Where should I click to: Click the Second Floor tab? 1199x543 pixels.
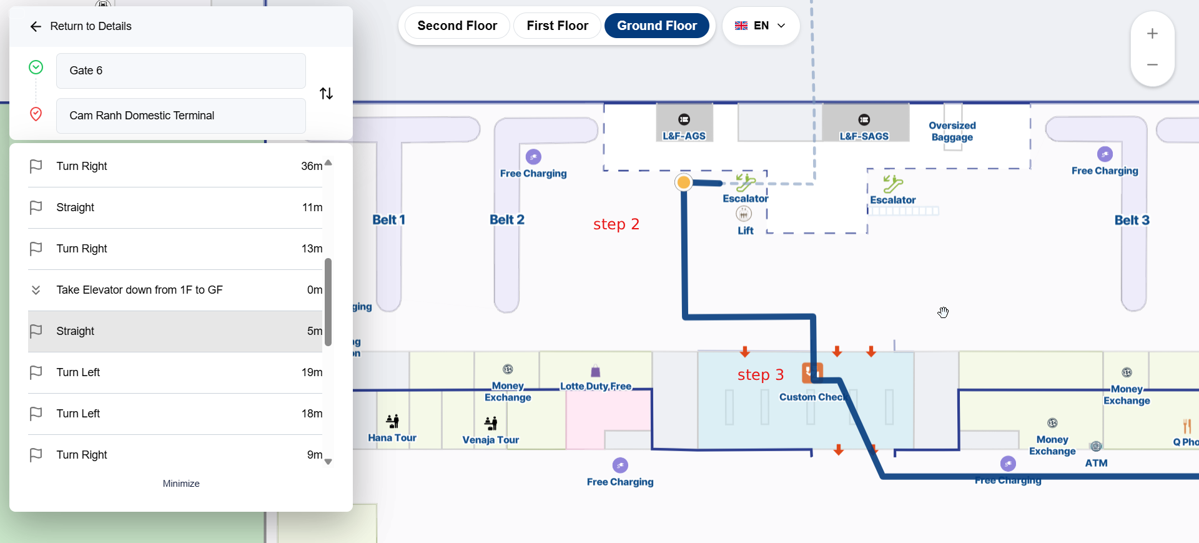457,26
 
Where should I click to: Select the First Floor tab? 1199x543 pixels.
557,26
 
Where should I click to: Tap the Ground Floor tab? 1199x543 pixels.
657,26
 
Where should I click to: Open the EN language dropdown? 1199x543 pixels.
761,26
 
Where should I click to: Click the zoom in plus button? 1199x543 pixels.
1152,34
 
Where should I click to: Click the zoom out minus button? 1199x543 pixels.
1152,65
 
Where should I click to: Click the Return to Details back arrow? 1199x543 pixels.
36,26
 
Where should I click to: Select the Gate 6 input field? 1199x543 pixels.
181,71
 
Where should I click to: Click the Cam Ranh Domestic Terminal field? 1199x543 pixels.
181,116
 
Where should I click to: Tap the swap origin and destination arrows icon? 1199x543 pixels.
326,94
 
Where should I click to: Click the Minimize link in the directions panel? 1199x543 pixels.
181,484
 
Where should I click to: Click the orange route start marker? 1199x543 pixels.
684,182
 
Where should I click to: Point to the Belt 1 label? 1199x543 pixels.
388,220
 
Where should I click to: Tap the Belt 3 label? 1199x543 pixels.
1132,221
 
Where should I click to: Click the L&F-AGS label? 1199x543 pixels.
684,136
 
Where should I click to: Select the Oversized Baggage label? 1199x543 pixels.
952,131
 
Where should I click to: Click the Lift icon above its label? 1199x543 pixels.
744,214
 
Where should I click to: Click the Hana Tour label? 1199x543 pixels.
392,438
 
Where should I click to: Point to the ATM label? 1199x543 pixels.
1096,463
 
